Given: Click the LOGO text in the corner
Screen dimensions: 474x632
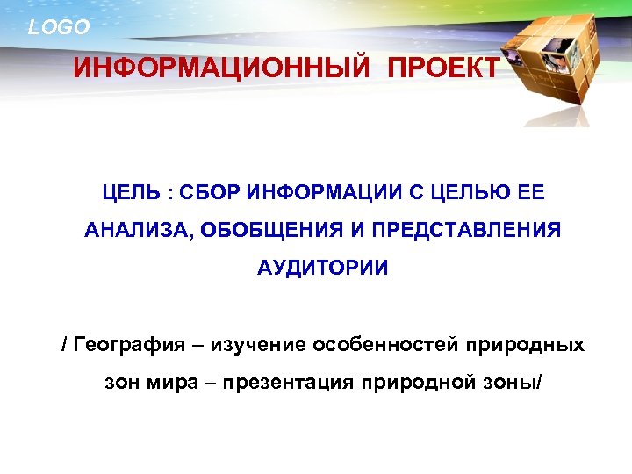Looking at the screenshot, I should coord(59,27).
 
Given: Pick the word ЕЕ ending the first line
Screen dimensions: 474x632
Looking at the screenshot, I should coord(536,191).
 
